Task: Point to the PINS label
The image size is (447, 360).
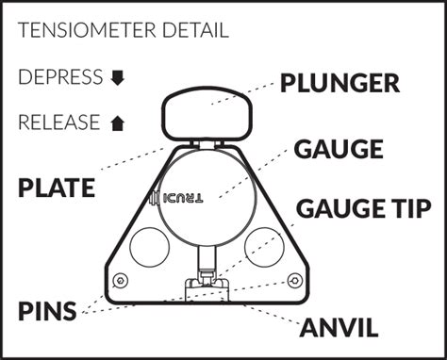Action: pos(47,310)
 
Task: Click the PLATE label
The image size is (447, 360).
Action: pos(57,188)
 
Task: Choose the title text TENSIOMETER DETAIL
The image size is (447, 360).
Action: pos(123,30)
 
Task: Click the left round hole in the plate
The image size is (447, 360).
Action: pos(148,247)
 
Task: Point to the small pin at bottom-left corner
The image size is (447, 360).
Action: pos(119,281)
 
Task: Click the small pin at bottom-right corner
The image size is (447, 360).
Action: pos(294,281)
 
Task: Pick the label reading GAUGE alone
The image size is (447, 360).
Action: pos(338,150)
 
